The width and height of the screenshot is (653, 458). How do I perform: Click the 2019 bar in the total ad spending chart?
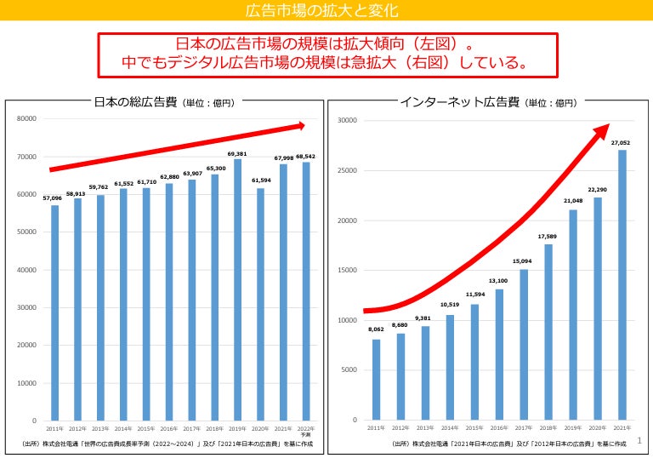click(237, 289)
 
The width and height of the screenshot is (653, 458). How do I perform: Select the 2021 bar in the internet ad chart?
click(622, 284)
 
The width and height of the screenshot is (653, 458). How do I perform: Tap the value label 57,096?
click(54, 198)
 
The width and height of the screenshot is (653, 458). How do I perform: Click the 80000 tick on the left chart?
click(26, 118)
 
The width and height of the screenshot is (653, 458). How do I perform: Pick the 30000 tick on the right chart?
click(349, 120)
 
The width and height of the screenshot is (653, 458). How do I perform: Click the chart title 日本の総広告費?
click(135, 102)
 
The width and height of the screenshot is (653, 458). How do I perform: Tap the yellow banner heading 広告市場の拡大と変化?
click(326, 11)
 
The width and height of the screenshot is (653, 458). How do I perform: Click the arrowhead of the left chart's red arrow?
click(299, 125)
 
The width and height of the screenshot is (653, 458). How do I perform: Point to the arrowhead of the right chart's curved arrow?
click(601, 129)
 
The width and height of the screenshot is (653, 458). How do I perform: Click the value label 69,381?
click(237, 153)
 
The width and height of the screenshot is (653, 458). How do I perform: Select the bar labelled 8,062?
click(376, 379)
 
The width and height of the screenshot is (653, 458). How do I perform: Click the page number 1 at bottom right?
click(639, 440)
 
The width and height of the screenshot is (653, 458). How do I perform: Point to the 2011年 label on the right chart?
click(376, 427)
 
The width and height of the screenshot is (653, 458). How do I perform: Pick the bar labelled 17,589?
click(548, 332)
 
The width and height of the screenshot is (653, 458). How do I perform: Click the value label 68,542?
click(306, 157)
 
